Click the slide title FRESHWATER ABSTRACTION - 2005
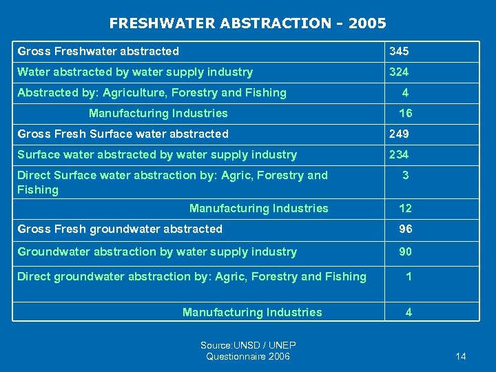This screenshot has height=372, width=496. [247, 23]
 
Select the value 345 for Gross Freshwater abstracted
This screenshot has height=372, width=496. [399, 52]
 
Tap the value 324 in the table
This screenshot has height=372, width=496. [399, 72]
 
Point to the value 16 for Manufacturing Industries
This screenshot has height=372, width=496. [406, 114]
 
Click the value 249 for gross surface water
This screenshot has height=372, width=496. [399, 134]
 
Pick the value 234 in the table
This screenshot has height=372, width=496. [399, 155]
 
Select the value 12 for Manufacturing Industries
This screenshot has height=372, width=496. [406, 209]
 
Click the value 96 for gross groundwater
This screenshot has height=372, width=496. [406, 229]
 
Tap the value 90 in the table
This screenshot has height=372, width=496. [406, 252]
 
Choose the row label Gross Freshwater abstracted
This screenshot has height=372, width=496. [98, 52]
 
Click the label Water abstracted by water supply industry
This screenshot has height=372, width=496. [135, 72]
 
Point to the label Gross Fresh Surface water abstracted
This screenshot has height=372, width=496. [123, 134]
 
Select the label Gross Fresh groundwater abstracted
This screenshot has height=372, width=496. [120, 229]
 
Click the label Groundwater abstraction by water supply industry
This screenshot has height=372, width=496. [157, 252]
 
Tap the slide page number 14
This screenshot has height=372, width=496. [461, 356]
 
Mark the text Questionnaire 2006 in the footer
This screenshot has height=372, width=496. [248, 356]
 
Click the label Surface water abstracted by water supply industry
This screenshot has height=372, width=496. [157, 155]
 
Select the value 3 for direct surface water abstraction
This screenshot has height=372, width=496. [406, 176]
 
